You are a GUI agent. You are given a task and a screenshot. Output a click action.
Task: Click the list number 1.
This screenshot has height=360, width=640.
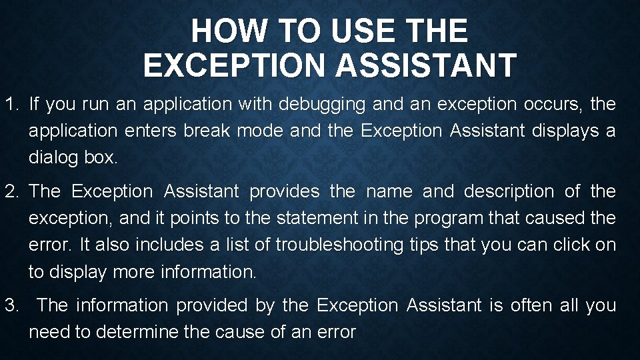(x=11, y=105)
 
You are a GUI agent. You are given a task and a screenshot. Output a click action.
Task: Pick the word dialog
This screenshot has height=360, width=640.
(x=53, y=158)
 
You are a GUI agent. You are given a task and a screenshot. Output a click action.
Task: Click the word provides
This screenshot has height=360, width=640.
(x=285, y=191)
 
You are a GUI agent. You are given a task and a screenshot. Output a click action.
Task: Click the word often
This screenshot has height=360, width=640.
(x=531, y=306)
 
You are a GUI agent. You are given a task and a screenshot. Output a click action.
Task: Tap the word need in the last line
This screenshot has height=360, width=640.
(x=49, y=332)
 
